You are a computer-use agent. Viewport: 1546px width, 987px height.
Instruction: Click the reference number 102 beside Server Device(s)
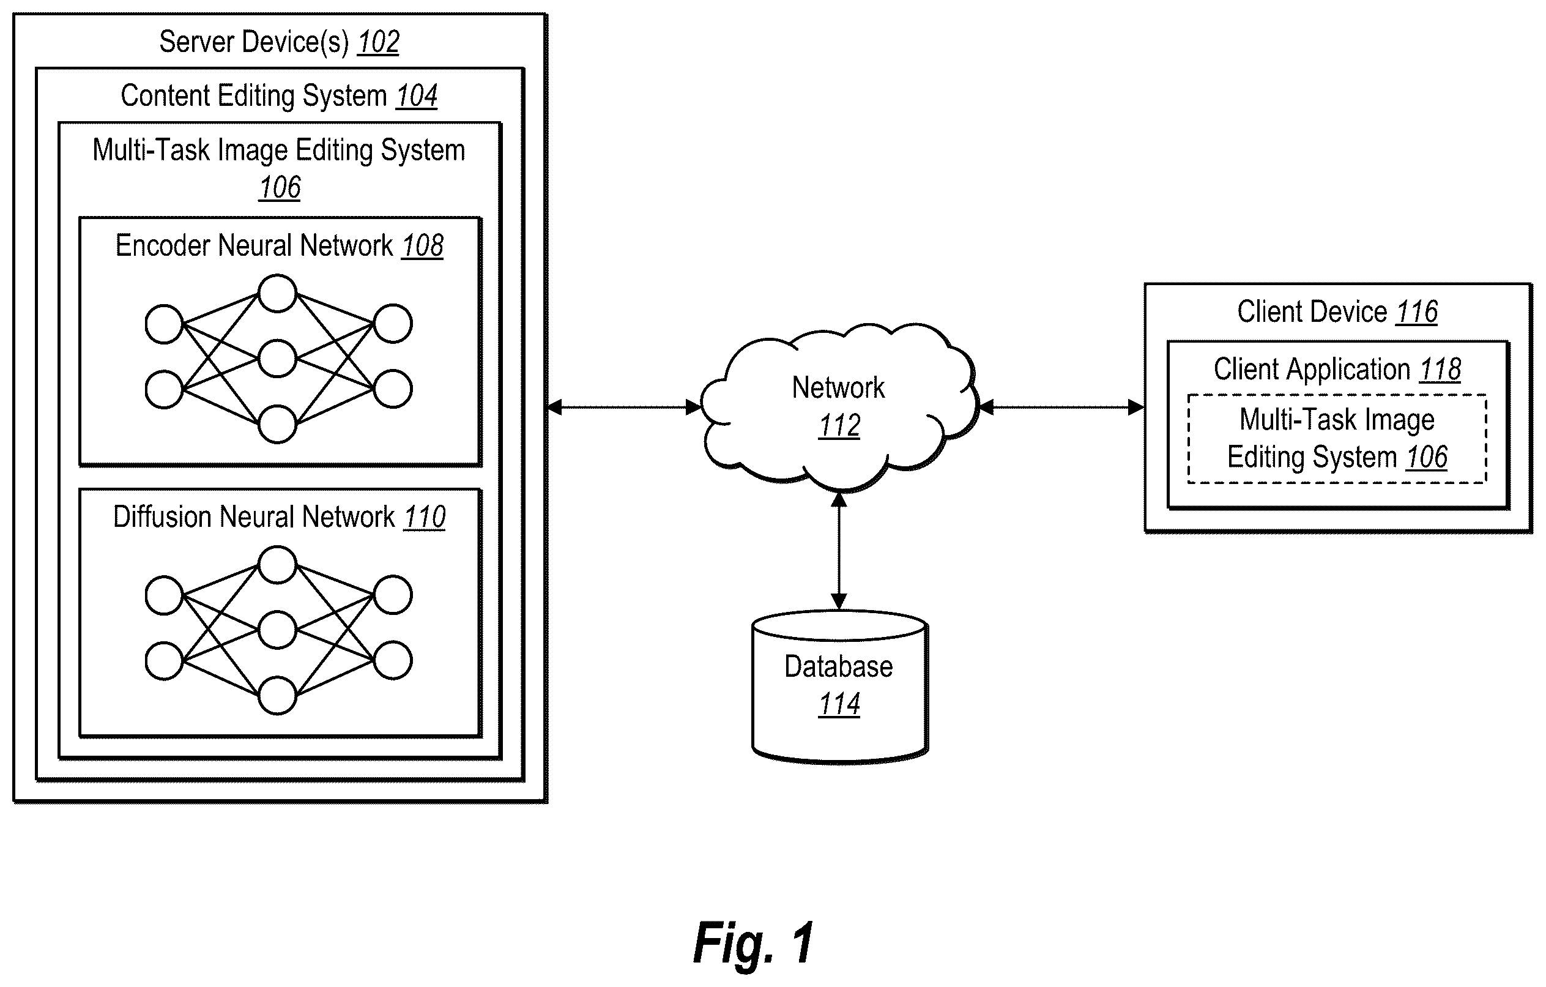pos(378,42)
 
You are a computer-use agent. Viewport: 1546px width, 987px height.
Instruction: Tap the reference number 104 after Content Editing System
pos(416,96)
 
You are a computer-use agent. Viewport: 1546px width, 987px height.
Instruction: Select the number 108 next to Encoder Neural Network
pos(423,246)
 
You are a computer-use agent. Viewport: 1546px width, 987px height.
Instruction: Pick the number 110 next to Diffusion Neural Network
pos(425,517)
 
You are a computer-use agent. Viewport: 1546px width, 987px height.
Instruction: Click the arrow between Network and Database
pos(839,550)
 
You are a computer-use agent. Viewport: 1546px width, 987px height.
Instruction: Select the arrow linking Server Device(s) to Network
pos(623,407)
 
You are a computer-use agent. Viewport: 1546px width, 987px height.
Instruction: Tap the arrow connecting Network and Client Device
pos(1061,407)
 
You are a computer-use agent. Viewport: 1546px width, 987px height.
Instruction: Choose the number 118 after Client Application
pos(1440,370)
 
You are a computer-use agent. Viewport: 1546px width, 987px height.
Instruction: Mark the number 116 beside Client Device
pos(1416,312)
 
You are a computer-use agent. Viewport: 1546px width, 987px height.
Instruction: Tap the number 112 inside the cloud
pos(839,426)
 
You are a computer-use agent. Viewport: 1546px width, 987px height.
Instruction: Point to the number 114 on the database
pos(839,704)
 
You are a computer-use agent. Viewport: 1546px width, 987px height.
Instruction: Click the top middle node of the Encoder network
pos(277,294)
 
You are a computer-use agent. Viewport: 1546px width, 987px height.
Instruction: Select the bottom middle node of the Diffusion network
pos(277,695)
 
